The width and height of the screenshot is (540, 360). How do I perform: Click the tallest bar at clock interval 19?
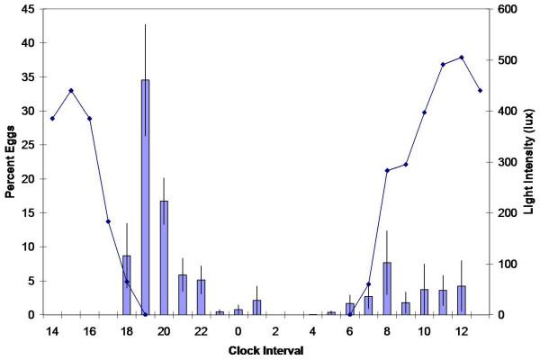point(145,198)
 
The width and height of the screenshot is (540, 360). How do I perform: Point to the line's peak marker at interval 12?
point(462,58)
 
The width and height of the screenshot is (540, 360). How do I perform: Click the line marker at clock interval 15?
point(71,90)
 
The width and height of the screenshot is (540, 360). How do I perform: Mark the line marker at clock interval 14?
point(52,118)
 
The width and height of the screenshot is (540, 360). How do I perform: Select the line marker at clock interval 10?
point(424,112)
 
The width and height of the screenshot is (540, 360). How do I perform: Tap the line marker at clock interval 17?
point(108,221)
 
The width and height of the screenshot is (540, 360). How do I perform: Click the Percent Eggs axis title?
point(11,163)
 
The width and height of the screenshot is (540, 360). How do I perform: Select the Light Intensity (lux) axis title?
point(528,163)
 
